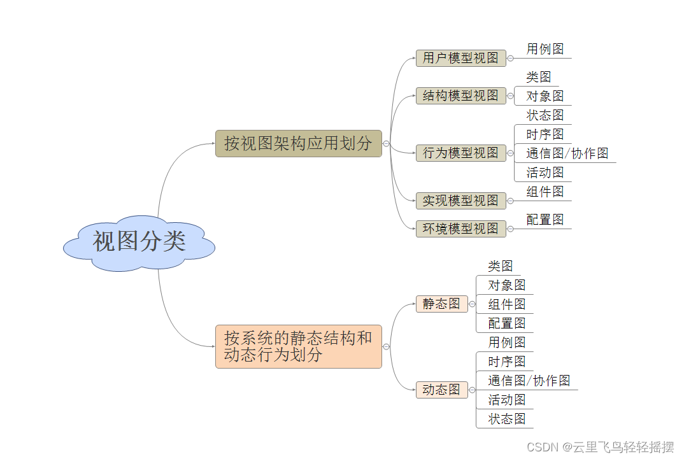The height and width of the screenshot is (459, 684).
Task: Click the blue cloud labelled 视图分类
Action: [139, 243]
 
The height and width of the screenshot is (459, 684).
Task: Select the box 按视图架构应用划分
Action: [298, 143]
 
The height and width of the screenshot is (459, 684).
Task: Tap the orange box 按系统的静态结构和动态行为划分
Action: [298, 346]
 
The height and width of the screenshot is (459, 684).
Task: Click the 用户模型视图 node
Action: [460, 58]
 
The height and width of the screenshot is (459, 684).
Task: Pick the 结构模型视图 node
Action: [460, 96]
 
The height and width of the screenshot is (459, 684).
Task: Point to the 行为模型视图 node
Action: [460, 153]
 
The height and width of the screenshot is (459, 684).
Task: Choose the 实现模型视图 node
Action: [460, 201]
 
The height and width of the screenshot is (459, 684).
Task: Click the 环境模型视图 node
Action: [460, 229]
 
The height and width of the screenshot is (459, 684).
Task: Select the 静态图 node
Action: [441, 304]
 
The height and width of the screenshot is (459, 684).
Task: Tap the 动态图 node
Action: [441, 390]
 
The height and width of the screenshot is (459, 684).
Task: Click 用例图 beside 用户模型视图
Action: [545, 49]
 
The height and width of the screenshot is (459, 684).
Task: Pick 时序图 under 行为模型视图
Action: [545, 134]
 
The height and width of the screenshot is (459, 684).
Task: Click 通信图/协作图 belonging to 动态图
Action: [529, 381]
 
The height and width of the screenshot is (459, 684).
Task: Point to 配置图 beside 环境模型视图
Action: [545, 220]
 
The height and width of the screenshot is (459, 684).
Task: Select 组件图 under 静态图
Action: [506, 304]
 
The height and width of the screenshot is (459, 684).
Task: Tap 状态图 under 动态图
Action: [506, 419]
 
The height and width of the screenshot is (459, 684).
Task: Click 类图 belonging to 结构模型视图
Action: [538, 77]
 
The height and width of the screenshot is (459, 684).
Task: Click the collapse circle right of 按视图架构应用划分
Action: [387, 144]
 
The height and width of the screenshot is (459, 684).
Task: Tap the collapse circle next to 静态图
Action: [472, 304]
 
